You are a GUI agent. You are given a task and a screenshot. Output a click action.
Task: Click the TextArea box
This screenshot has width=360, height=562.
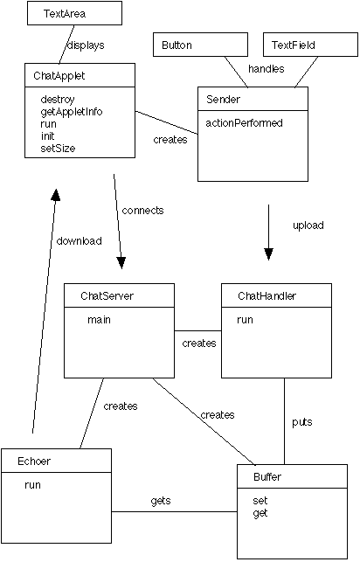(74, 13)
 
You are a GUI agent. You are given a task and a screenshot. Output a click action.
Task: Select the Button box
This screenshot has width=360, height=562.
(200, 45)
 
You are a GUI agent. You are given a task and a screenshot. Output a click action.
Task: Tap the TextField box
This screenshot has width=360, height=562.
(310, 45)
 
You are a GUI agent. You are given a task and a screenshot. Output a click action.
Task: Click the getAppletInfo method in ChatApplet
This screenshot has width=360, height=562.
(72, 112)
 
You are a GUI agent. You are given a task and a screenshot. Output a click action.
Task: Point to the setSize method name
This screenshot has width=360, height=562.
(58, 149)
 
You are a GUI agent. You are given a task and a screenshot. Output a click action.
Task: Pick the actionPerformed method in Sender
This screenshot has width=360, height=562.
(244, 123)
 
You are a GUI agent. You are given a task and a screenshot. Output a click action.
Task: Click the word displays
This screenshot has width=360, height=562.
(86, 45)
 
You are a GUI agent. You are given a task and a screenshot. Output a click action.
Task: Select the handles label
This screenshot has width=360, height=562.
(267, 68)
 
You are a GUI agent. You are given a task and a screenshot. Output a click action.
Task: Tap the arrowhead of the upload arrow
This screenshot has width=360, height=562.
(268, 253)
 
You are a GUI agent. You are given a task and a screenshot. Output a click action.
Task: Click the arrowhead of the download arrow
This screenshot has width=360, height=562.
(56, 195)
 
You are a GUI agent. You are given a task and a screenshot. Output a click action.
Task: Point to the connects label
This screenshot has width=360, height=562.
(142, 211)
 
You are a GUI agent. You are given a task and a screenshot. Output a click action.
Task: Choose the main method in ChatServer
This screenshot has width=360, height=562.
(99, 320)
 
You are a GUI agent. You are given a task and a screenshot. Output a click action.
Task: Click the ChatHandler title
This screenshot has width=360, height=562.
(267, 295)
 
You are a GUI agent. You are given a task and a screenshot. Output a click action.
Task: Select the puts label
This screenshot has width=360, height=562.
(302, 422)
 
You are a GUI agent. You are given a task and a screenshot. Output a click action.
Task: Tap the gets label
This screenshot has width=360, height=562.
(161, 501)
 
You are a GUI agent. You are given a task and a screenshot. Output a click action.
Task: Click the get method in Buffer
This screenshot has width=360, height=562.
(260, 513)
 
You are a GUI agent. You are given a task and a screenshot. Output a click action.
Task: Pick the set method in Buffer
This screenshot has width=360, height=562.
(260, 500)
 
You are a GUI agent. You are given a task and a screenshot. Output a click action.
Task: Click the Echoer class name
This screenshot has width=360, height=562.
(34, 461)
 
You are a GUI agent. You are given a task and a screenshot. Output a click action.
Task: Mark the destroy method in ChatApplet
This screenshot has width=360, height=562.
(58, 100)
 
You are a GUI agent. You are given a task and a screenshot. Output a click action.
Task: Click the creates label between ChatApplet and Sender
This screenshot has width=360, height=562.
(170, 140)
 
